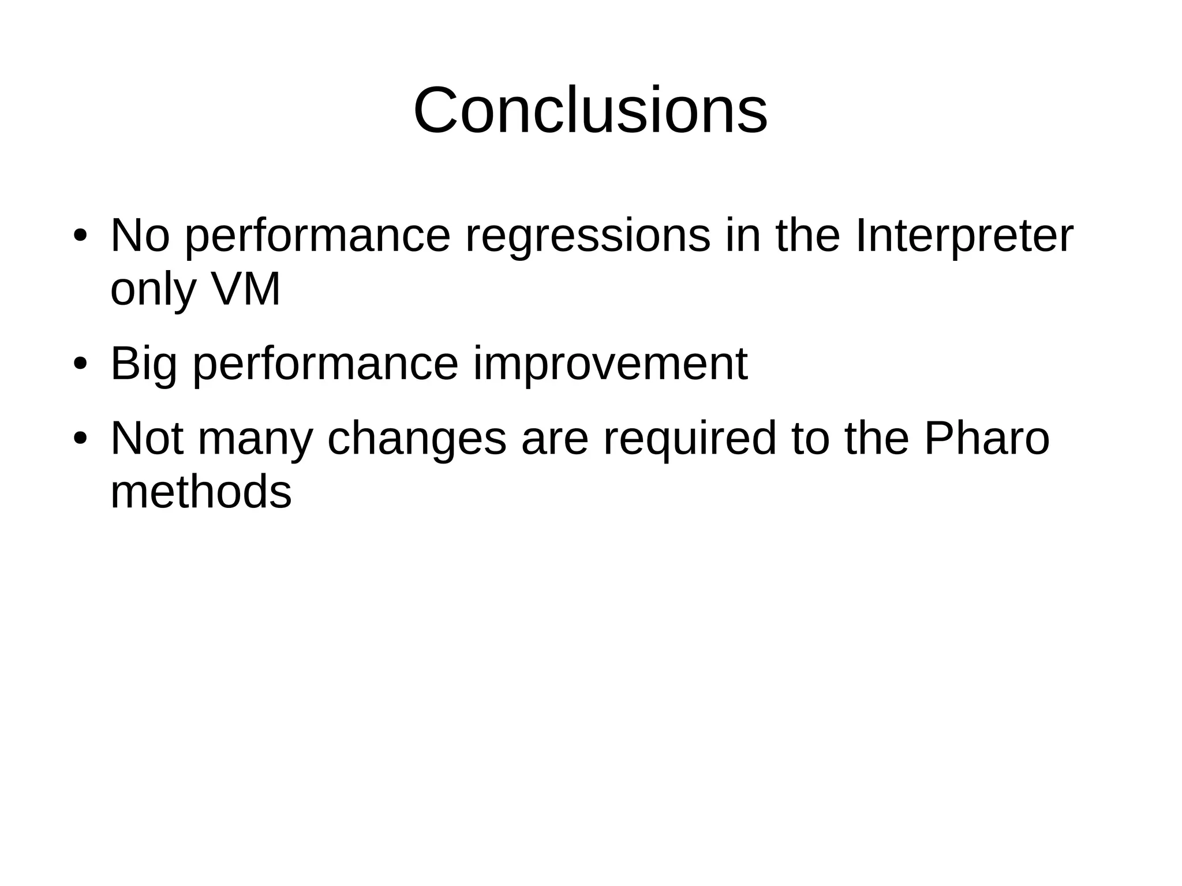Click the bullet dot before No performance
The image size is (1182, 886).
pyautogui.click(x=80, y=237)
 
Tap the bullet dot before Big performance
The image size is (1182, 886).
pyautogui.click(x=80, y=365)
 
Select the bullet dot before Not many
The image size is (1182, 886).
pyautogui.click(x=80, y=439)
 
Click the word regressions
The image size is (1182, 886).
pyautogui.click(x=587, y=237)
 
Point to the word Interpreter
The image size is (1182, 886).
pyautogui.click(x=963, y=237)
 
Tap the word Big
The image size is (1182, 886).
pyautogui.click(x=143, y=365)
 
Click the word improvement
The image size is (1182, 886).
pyautogui.click(x=610, y=365)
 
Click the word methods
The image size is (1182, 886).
pyautogui.click(x=201, y=492)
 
